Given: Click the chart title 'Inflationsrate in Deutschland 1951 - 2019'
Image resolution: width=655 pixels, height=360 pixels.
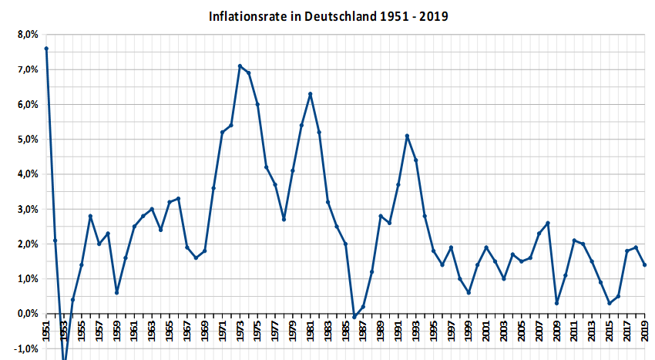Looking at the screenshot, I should [x=328, y=15].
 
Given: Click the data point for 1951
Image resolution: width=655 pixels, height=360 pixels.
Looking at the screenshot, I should [x=46, y=49].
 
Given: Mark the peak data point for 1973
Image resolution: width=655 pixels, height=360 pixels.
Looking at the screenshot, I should [x=240, y=66].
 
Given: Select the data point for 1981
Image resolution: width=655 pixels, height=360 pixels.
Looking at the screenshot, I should [x=310, y=94].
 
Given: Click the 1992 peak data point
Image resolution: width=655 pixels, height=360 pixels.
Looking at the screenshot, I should [x=407, y=136].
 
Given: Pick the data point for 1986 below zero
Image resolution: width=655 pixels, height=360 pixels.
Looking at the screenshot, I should [x=354, y=317].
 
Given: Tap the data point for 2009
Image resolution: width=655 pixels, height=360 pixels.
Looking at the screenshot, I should [x=556, y=303].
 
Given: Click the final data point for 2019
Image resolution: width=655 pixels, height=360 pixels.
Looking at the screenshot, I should [x=644, y=264].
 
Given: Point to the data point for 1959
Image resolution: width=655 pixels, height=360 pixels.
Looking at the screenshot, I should [x=116, y=292].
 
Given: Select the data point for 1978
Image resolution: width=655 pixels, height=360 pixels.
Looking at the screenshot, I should [x=284, y=220].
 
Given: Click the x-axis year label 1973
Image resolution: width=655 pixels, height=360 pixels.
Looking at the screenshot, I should [x=240, y=331].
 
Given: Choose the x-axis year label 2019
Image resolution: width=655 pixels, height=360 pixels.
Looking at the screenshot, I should [x=644, y=331].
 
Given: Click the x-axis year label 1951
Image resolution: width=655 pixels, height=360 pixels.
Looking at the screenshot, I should [x=46, y=331].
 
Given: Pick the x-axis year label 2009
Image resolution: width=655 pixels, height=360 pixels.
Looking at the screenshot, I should [x=556, y=331].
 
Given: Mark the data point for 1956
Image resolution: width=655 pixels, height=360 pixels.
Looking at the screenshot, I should [x=90, y=216].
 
